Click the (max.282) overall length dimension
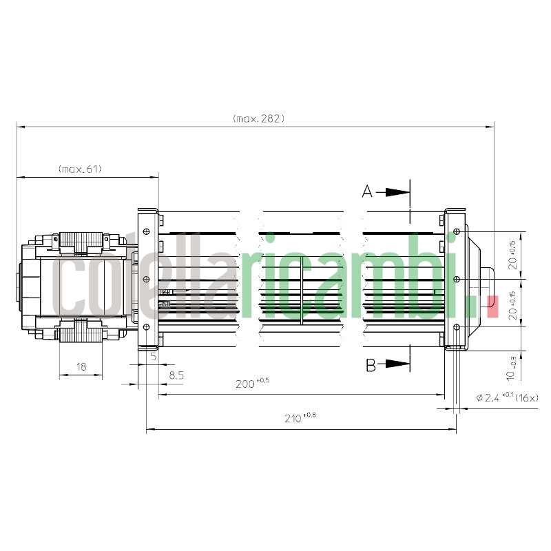pos(258,118)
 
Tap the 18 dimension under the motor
pos(81,367)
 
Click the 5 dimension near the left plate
pos(153,357)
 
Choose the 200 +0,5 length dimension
pos(251,384)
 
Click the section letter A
pos(368,192)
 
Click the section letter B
pos(371,365)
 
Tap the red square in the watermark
pos(491,306)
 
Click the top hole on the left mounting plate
pos(145,231)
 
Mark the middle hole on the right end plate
pos(457,279)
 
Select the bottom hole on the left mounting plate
pos(145,326)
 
